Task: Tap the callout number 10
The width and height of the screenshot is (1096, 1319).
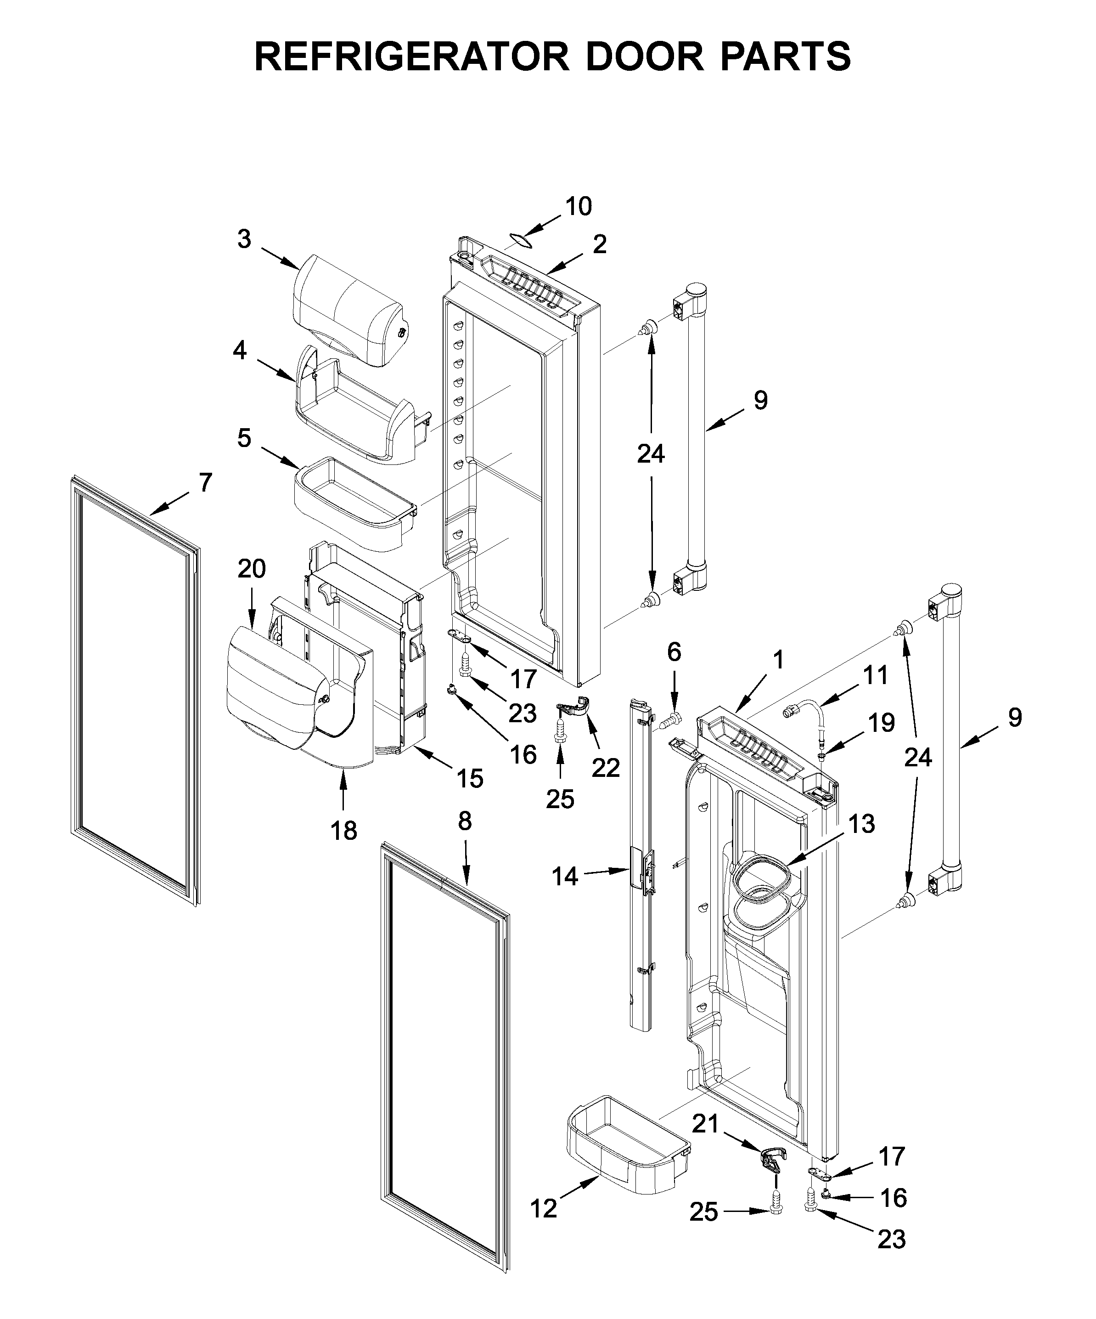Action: click(x=578, y=207)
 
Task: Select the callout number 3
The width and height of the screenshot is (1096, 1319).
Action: click(x=244, y=239)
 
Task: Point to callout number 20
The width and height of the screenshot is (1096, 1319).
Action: click(x=251, y=569)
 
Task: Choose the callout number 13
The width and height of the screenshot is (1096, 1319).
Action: click(x=862, y=823)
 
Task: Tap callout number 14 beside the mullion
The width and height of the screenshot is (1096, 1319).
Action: click(x=564, y=876)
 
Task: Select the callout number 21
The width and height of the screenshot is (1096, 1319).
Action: click(x=704, y=1124)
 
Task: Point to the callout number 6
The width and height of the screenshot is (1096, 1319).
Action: click(x=674, y=652)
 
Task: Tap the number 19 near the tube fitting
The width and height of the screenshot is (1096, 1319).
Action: click(x=881, y=723)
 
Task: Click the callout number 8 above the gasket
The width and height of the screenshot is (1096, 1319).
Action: click(x=465, y=821)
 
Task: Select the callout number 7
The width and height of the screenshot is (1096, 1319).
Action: click(x=206, y=482)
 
